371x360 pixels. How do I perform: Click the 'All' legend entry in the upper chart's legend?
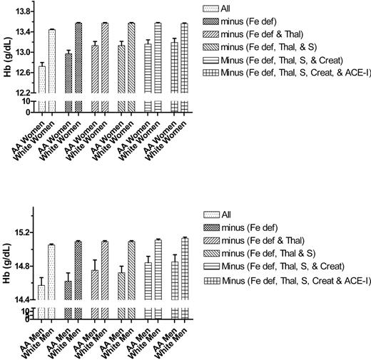coord(225,9)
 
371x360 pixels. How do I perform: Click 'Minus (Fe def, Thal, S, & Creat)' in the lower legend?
coord(279,267)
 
